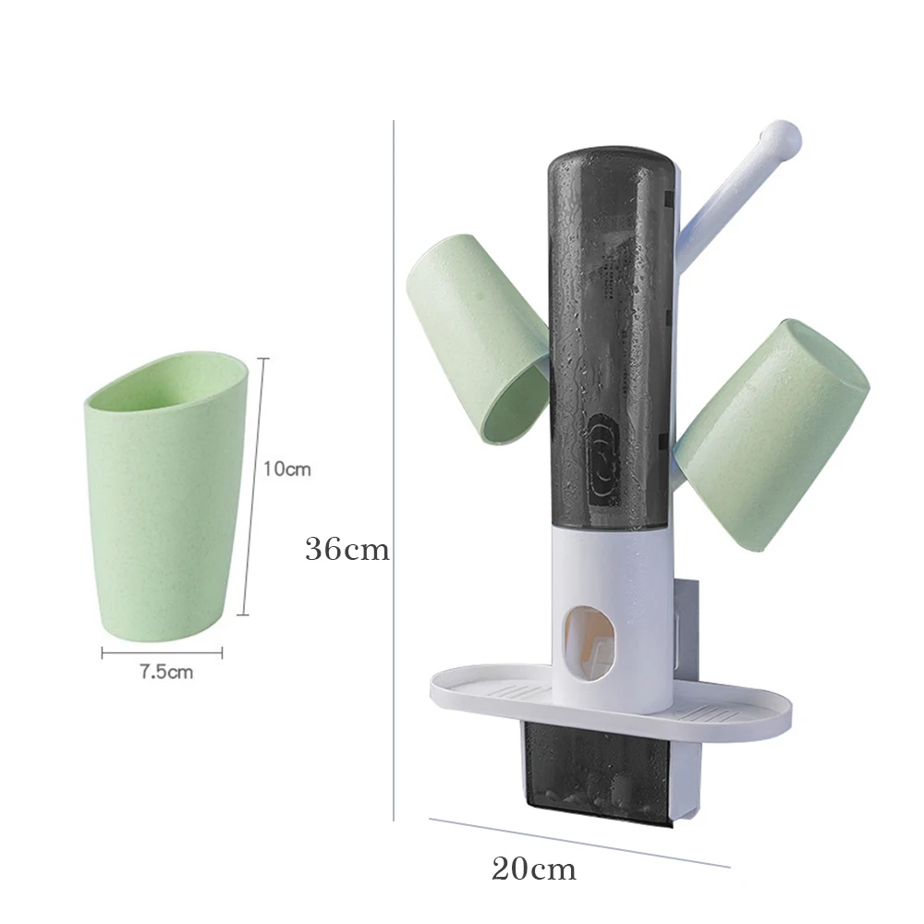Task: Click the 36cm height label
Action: coord(346,550)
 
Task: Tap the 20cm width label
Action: coord(533,869)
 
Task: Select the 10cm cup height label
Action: coord(286,469)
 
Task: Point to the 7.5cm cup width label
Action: coord(166,672)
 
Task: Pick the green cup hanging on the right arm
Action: coord(772,434)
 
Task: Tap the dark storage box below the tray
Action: coord(591,772)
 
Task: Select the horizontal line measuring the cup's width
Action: coord(162,652)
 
